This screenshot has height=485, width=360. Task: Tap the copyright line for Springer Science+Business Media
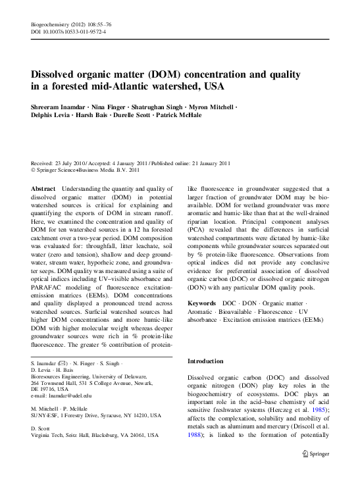[x=86, y=170]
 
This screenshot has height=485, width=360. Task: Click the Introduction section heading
[x=210, y=362]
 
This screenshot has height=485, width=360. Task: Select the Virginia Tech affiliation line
[x=95, y=436]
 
